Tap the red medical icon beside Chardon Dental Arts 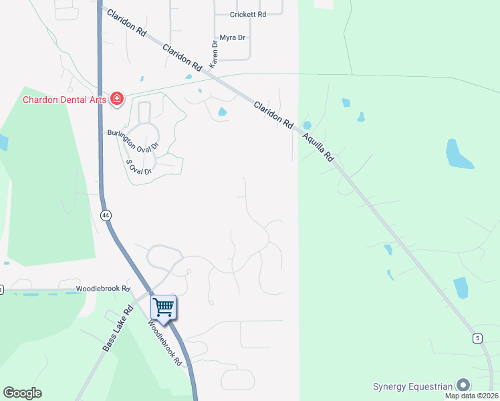coord(117,100)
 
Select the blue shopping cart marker coord(163,307)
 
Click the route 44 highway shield coord(106,215)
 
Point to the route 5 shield coord(477,338)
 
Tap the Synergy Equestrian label coord(412,386)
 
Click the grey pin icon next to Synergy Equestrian coord(463,385)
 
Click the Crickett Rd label coord(248,14)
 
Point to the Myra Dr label coord(233,38)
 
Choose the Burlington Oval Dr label coord(133,138)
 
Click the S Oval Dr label coord(139,166)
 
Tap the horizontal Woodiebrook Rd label coord(102,289)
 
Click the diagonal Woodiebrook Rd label coord(165,342)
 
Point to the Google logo coord(22,393)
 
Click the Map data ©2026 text coord(471,396)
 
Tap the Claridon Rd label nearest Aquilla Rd coord(273,114)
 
